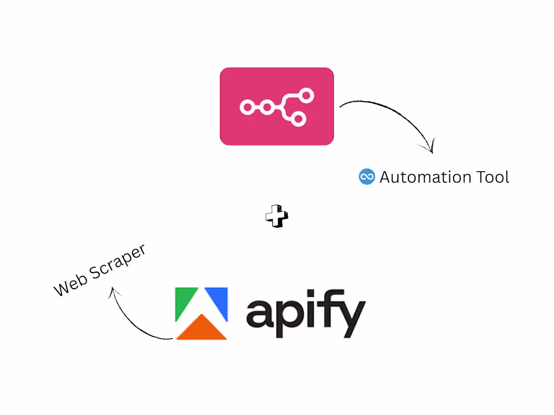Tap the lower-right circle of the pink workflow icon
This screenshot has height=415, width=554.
coord(298,119)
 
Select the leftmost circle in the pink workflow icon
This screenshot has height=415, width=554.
coord(247,107)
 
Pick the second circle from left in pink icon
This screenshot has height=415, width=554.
coord(267,107)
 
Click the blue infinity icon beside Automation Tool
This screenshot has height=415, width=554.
coord(367,177)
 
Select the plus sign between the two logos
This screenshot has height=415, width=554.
coord(276,216)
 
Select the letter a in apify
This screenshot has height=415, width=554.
coord(260,313)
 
